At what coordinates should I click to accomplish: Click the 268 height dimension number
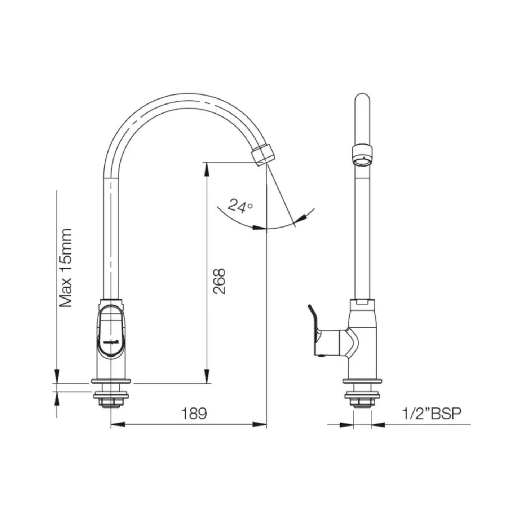pyautogui.click(x=219, y=281)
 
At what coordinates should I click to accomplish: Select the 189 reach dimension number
pyautogui.click(x=194, y=414)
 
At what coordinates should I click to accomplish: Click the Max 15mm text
pyautogui.click(x=66, y=268)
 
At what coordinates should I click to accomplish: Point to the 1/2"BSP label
pyautogui.click(x=432, y=414)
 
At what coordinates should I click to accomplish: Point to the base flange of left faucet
pyautogui.click(x=111, y=381)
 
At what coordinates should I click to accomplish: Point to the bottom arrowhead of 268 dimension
pyautogui.click(x=207, y=377)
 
